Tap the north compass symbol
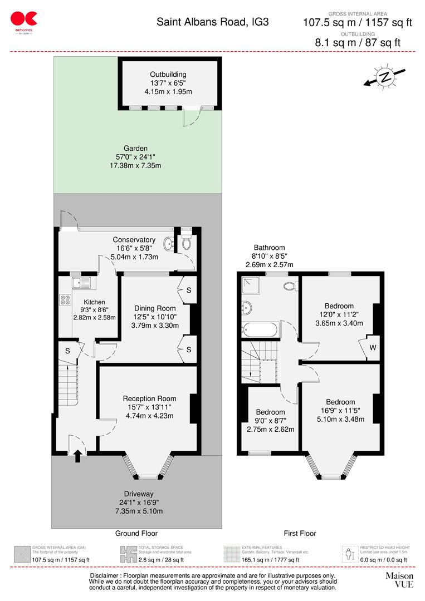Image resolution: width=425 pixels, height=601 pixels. tap(384, 77)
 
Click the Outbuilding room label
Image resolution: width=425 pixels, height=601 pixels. tap(168, 74)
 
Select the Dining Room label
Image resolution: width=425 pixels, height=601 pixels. tap(154, 308)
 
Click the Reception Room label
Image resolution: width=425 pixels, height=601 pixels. tap(149, 398)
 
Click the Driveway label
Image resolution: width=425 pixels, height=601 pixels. tap(139, 494)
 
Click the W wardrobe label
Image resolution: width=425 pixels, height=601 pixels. tap(372, 348)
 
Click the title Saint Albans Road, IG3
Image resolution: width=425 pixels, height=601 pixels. tap(212, 22)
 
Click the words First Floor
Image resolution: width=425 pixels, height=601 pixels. tap(300, 533)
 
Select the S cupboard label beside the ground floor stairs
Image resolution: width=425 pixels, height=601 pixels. tap(67, 351)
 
